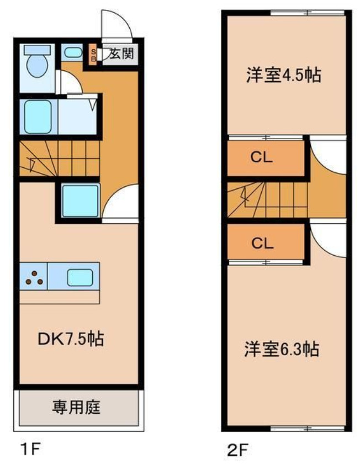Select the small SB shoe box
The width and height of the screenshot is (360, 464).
coord(93,55)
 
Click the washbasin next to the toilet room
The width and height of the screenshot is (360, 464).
coord(72,52)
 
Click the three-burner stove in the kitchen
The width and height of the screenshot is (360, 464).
coord(34,276)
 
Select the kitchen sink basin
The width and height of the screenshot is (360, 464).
coord(80,276)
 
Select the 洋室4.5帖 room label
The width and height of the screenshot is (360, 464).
coord(284,76)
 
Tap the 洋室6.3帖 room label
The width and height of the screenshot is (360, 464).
coord(282,349)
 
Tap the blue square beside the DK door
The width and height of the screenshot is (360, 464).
coord(80,201)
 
